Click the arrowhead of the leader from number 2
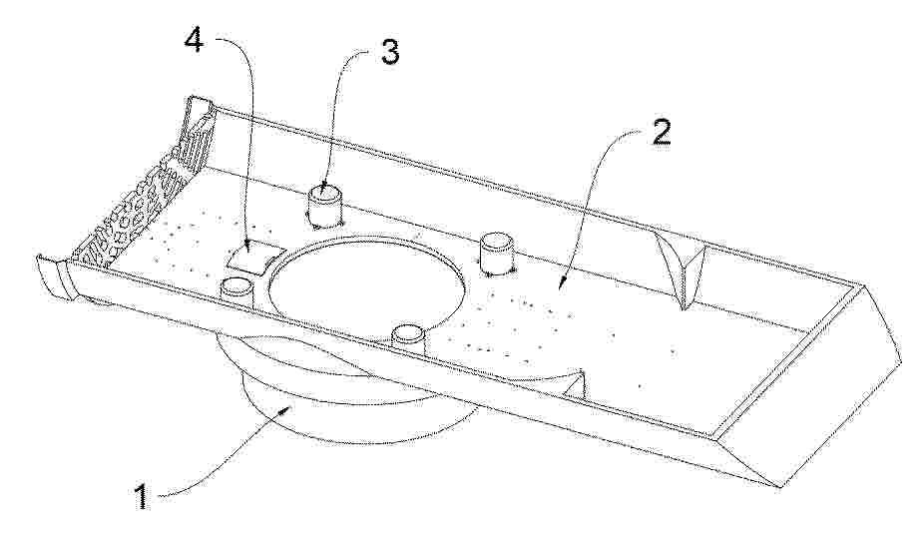point(561,281)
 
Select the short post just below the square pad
point(237,289)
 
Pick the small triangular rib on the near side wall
point(573,384)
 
